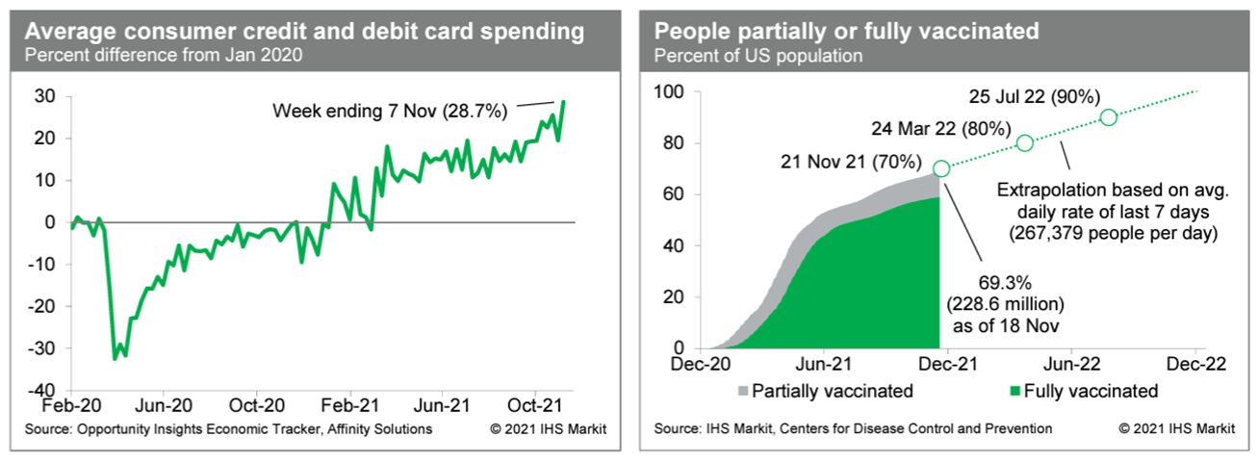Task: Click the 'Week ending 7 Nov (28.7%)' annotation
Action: pos(390,112)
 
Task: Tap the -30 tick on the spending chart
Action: pos(43,347)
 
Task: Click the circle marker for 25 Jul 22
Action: pos(1108,117)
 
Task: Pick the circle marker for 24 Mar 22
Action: pos(1024,142)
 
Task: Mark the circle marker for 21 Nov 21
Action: pos(941,168)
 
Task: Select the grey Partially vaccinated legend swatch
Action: pos(741,392)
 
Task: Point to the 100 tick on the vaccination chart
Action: pos(669,92)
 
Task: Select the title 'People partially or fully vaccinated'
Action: pos(846,31)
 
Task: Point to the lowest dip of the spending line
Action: pos(116,359)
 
